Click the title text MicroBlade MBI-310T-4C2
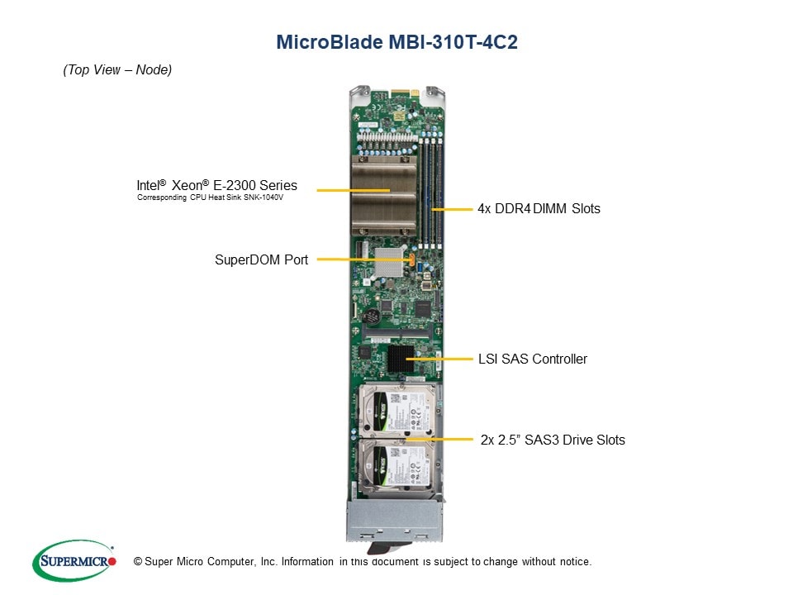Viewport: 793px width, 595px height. (x=396, y=42)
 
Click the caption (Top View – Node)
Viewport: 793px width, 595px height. (x=117, y=70)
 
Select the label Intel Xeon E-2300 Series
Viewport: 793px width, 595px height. (x=217, y=186)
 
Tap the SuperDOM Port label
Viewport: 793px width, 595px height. (x=261, y=260)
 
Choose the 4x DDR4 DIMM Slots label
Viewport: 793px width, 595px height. (x=539, y=209)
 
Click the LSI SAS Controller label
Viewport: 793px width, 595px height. (x=533, y=359)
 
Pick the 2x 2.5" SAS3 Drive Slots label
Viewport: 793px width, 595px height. (x=553, y=440)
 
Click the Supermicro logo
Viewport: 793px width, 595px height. (x=74, y=561)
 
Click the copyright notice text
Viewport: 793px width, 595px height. (x=363, y=562)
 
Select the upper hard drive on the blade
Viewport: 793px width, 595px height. (x=395, y=411)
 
